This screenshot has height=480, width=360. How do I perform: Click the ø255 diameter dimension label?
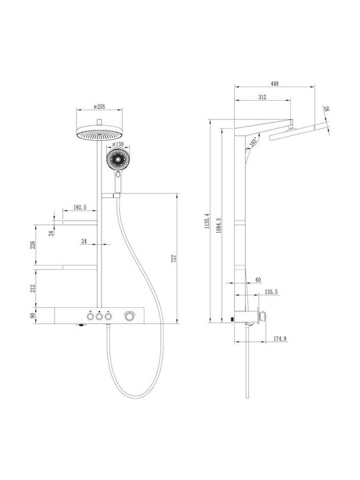coord(99,107)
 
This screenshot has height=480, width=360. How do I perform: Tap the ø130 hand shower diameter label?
coord(118,144)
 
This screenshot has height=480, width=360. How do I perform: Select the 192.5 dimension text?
coord(79,207)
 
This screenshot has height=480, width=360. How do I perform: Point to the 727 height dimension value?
coord(175,259)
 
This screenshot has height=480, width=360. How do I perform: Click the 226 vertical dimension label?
coord(33,245)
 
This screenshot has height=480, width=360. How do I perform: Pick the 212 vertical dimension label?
coord(33,288)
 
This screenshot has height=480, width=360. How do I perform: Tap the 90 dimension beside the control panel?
coord(33,315)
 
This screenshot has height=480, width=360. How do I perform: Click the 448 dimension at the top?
coord(275,83)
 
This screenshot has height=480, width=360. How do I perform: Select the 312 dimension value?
coord(263,97)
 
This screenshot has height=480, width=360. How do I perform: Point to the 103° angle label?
coord(253,142)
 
